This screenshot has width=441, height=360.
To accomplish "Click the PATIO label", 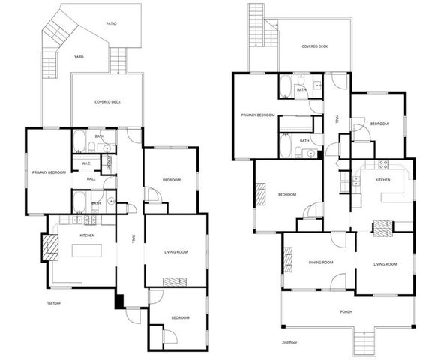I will point(111,23).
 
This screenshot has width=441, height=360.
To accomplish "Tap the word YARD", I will point(78,56).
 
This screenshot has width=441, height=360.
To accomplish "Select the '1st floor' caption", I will point(52,303).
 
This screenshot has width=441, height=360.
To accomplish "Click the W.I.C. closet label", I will point(86,164).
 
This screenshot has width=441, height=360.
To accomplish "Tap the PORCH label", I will point(345,311).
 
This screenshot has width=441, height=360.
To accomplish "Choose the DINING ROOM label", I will point(320,262).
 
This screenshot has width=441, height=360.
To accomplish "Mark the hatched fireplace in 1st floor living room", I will point(176,281).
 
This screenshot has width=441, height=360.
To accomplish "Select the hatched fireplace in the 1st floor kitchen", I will point(49,247).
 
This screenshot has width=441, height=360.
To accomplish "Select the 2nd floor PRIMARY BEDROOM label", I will point(258,115).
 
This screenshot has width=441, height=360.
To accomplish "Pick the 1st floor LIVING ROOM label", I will point(175,251).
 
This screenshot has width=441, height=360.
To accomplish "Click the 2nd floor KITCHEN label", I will point(382,180).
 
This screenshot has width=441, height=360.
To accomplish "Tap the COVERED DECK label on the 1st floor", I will point(109,101).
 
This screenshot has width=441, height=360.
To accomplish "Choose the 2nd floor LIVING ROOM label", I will point(385,264).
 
